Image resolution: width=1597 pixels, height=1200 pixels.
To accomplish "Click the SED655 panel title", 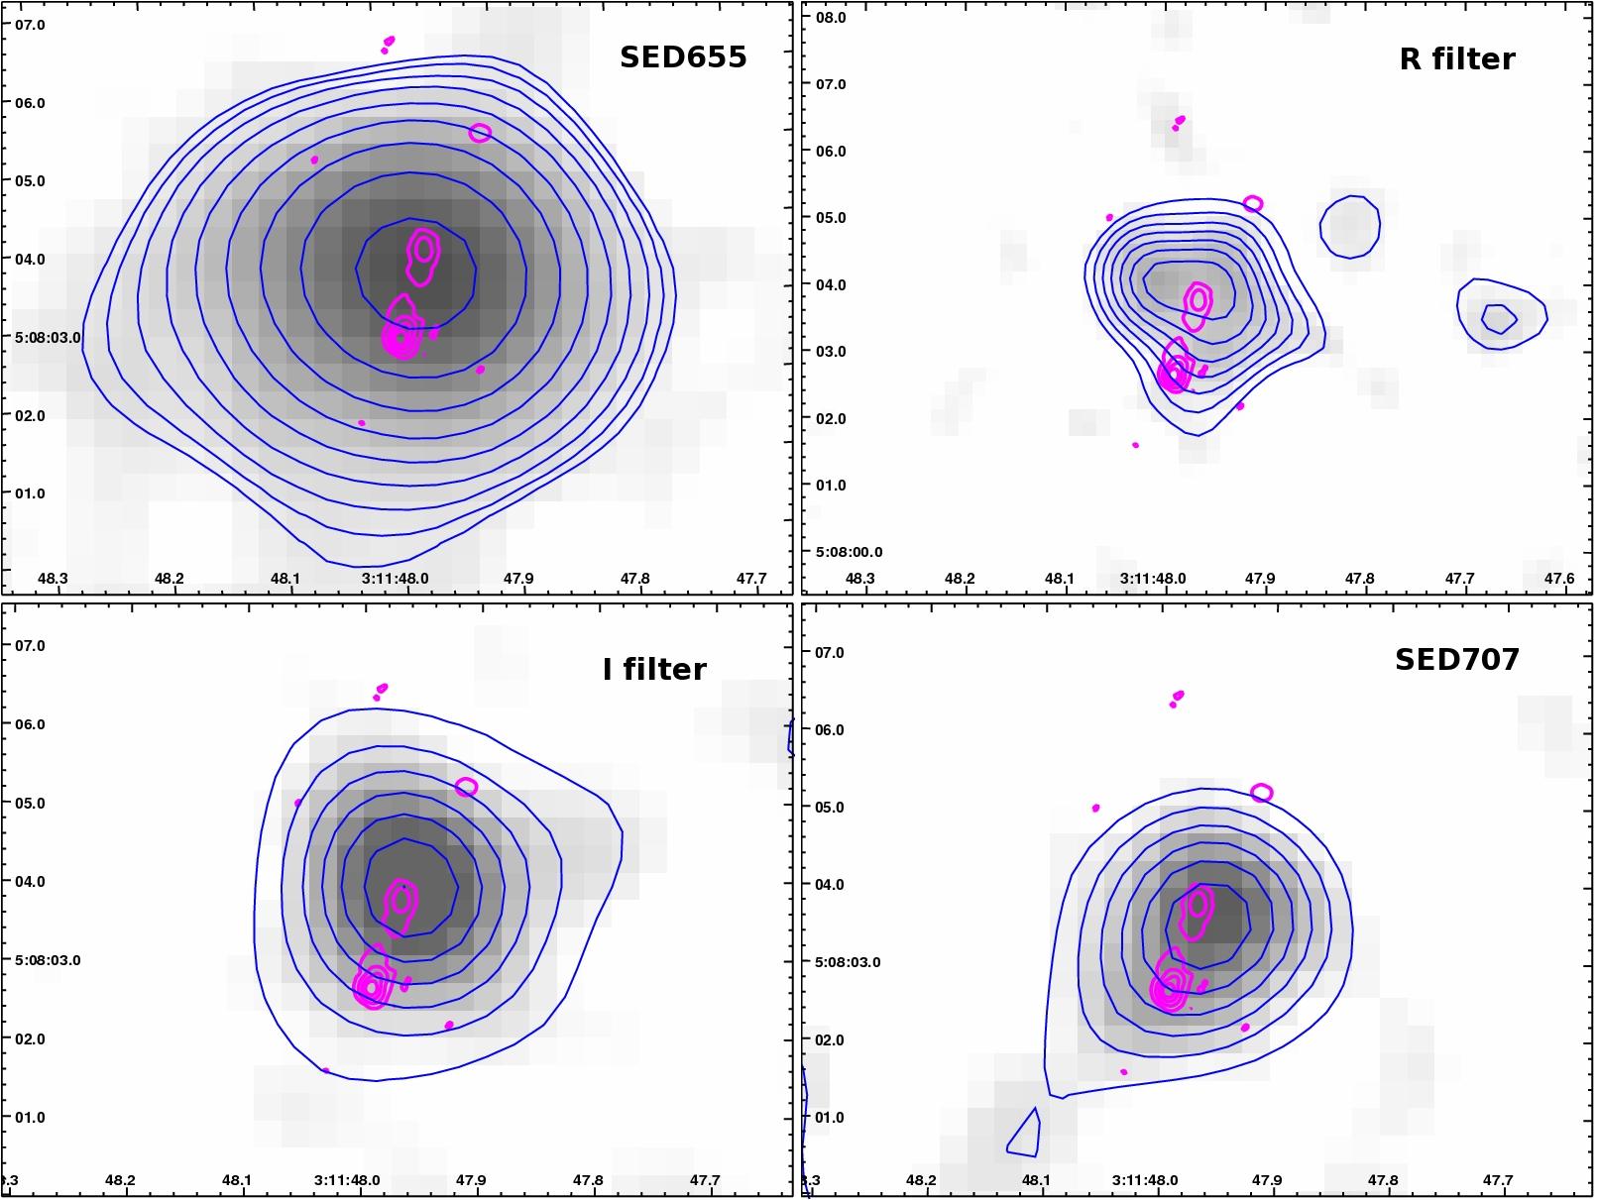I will tap(683, 57).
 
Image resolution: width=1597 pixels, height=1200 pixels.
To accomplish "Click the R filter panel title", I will tap(1456, 59).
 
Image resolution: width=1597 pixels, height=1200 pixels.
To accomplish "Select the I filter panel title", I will tap(654, 670).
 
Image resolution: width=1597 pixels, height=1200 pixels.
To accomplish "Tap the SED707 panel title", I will tap(1456, 660).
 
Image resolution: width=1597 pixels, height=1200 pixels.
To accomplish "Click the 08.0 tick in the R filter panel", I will tap(830, 18).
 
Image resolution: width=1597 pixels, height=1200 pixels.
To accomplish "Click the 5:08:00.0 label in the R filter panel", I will tap(849, 552).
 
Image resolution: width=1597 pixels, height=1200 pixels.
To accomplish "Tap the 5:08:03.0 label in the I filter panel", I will tap(48, 960).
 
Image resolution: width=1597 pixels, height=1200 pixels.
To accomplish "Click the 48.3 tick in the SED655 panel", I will tap(52, 579).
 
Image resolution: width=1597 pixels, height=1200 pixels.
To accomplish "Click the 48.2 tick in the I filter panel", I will tap(120, 1180).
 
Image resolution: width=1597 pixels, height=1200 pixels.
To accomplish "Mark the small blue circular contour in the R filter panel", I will tap(1349, 227).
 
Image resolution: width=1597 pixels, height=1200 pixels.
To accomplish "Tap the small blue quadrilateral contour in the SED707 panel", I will tap(1024, 1135).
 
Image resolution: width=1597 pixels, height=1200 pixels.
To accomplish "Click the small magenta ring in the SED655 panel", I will tap(480, 133).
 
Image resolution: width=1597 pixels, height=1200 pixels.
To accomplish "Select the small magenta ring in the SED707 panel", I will tap(1261, 793).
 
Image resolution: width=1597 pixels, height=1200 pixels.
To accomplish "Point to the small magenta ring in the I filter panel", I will tap(466, 787).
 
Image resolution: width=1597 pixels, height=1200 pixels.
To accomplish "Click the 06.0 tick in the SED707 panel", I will tap(828, 730).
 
